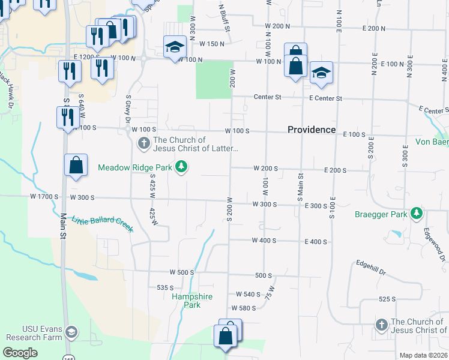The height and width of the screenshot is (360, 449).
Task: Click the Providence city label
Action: (311, 130)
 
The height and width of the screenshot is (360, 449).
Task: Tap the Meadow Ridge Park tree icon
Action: (181, 167)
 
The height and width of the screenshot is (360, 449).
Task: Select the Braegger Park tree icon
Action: (415, 214)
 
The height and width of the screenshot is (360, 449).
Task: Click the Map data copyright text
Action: (423, 355)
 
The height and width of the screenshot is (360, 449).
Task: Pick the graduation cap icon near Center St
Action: (321, 73)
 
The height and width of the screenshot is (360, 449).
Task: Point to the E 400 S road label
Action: (316, 242)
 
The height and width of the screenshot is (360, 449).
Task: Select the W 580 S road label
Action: (244, 308)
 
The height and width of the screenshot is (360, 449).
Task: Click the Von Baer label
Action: (432, 142)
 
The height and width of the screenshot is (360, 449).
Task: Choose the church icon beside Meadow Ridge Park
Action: (143, 143)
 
